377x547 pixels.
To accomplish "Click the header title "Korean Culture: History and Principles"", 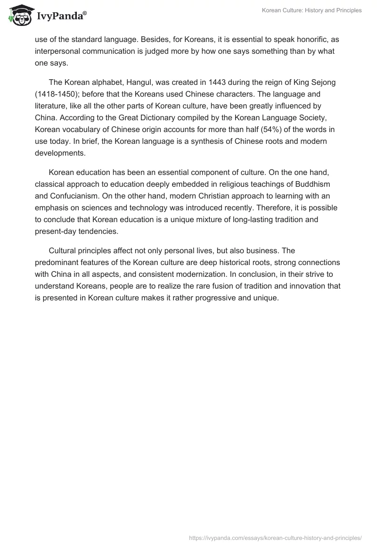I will (x=311, y=10).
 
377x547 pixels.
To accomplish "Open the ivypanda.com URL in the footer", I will (x=275, y=537).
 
